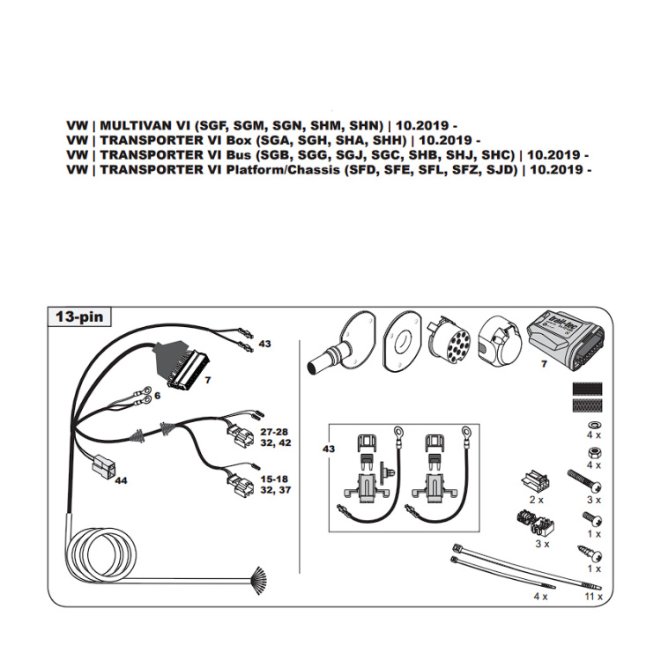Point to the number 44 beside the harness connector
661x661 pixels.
pos(121,480)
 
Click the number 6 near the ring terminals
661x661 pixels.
pos(158,397)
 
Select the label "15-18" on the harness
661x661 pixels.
pos(274,479)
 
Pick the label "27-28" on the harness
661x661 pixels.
pos(274,432)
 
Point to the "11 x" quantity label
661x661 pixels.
pos(593,597)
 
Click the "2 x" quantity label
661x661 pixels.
pos(535,499)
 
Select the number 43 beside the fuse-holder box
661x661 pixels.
pos(329,449)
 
